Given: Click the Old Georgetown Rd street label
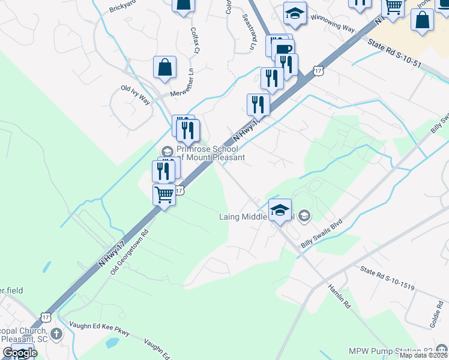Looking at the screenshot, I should click(129, 252).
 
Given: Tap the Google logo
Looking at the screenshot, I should click(20, 353).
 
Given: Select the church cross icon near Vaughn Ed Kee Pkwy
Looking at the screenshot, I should click(56, 333).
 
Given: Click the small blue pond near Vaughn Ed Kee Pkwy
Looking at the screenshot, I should click(112, 343).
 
